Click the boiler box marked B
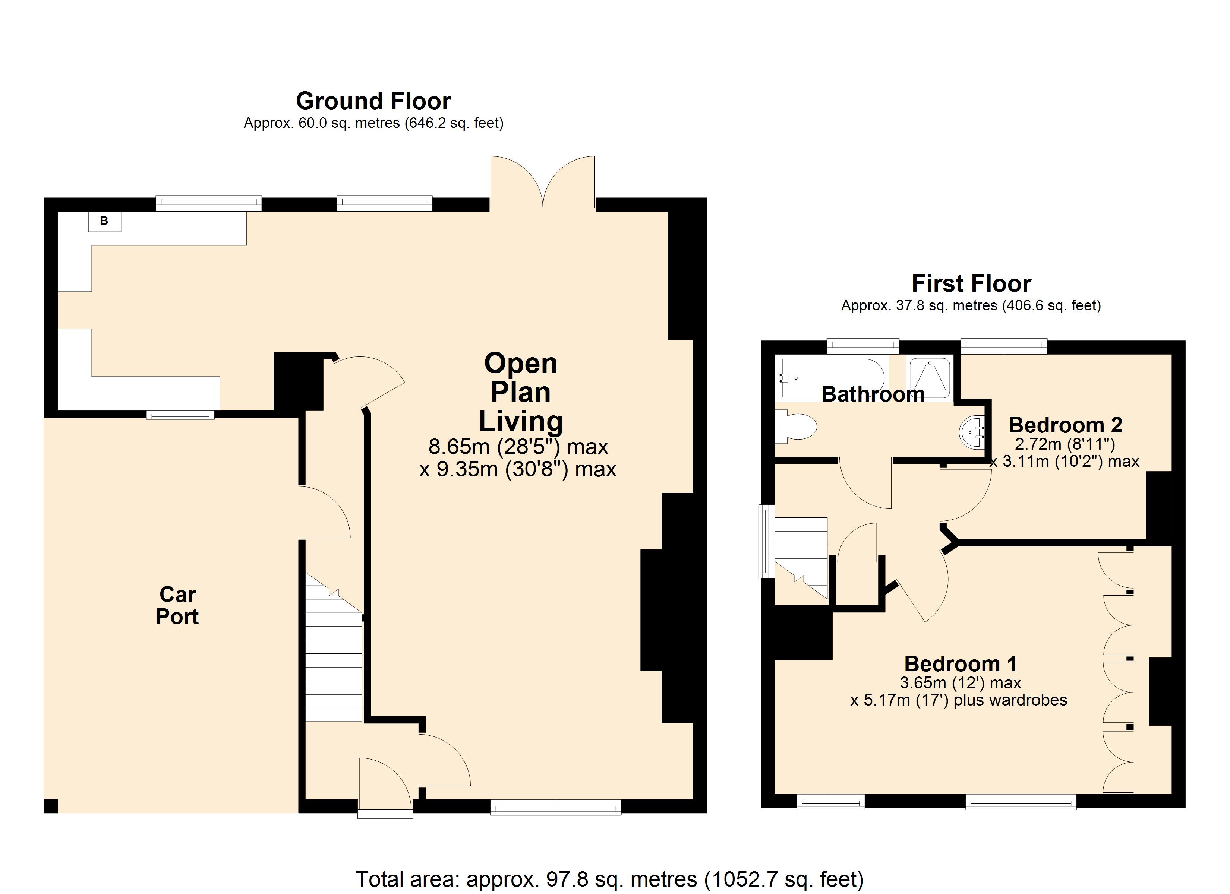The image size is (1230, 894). click(x=105, y=221)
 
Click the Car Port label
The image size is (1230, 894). click(x=177, y=606)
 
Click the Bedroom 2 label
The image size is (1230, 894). click(x=1065, y=425)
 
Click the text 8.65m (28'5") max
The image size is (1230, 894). click(x=518, y=447)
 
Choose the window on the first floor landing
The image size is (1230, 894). click(x=766, y=541)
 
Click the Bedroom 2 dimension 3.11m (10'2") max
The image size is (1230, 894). click(x=1065, y=462)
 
